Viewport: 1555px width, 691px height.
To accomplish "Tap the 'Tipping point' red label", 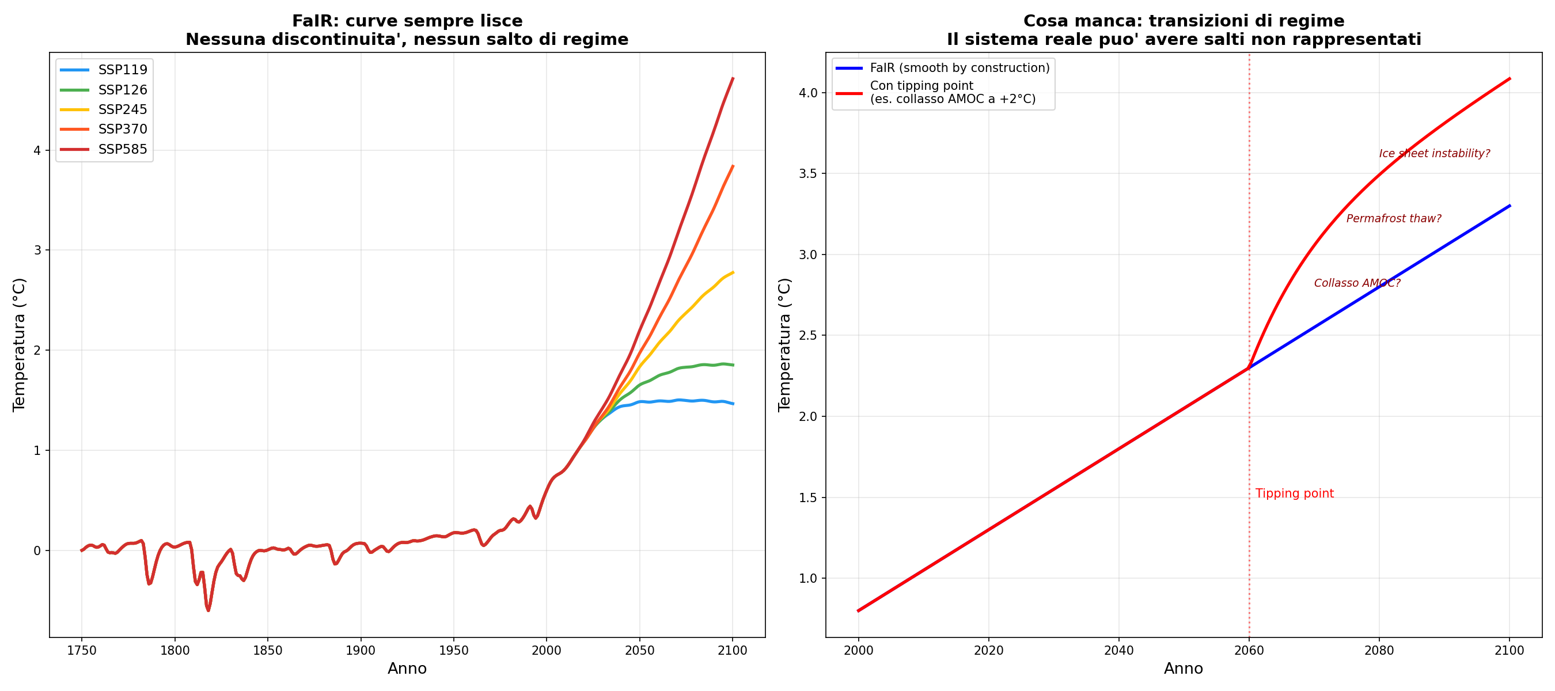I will pyautogui.click(x=1294, y=493).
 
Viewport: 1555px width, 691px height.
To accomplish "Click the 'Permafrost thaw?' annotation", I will pyautogui.click(x=1393, y=218).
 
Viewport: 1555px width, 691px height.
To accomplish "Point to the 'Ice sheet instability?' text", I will pyautogui.click(x=1434, y=153).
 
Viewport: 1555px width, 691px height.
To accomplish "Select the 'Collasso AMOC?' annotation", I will pyautogui.click(x=1357, y=283).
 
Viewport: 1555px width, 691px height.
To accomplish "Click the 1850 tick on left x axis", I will pyautogui.click(x=267, y=651).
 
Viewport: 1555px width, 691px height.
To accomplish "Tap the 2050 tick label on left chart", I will pyautogui.click(x=639, y=651).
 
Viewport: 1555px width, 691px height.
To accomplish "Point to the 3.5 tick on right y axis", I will pyautogui.click(x=807, y=174).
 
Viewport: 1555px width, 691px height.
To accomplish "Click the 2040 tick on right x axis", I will pyautogui.click(x=1118, y=651).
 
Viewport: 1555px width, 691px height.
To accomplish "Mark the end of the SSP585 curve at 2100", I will pyautogui.click(x=733, y=78).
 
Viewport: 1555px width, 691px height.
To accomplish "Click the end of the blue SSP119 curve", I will pyautogui.click(x=733, y=404).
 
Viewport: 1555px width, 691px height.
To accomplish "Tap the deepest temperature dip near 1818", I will pyautogui.click(x=208, y=610).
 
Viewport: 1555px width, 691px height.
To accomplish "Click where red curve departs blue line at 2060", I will pyautogui.click(x=1249, y=367).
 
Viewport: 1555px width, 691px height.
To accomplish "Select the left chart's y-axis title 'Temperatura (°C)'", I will pyautogui.click(x=20, y=344).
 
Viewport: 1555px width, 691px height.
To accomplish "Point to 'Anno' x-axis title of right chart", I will pyautogui.click(x=1183, y=669).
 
